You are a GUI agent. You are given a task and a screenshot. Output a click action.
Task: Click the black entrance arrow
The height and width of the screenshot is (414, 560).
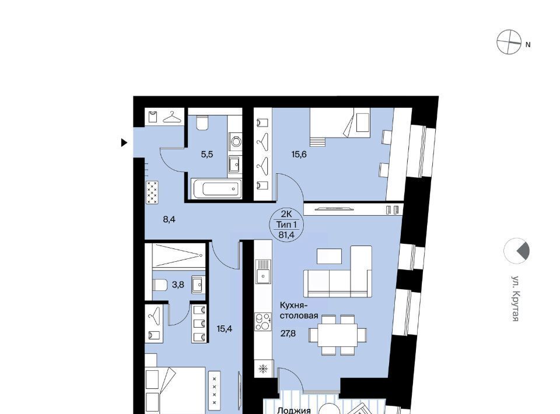click(124, 143)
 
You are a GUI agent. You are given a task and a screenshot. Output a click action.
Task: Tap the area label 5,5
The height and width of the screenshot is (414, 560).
click(206, 155)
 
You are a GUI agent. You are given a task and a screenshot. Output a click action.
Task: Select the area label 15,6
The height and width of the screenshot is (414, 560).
click(299, 155)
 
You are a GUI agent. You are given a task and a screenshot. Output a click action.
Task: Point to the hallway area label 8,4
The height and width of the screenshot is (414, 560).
click(169, 219)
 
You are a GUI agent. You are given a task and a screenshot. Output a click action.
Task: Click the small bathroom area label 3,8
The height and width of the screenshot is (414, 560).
click(178, 285)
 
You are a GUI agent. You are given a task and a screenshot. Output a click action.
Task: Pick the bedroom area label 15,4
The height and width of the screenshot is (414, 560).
click(224, 329)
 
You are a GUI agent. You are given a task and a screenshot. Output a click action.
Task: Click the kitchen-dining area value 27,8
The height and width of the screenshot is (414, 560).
click(288, 334)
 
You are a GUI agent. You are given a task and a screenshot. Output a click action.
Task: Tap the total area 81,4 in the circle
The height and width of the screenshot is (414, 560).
click(287, 234)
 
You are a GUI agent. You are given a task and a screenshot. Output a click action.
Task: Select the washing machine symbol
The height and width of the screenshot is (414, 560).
click(236, 142)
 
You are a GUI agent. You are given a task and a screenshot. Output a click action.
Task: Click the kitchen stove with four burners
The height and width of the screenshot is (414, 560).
click(263, 322)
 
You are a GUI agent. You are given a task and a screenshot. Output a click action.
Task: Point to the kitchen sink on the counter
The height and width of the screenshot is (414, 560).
click(263, 272)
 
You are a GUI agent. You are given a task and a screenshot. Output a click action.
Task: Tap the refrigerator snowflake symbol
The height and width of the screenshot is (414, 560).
click(263, 369)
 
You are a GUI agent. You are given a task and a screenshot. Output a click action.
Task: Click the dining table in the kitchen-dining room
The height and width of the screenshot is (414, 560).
click(338, 335)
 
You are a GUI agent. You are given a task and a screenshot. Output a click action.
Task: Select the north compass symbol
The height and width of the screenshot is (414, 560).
click(509, 42)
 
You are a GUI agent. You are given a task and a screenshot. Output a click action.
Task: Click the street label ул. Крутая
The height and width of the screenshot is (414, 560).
click(515, 299)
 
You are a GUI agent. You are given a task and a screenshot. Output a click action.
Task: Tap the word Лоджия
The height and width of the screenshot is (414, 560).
click(294, 411)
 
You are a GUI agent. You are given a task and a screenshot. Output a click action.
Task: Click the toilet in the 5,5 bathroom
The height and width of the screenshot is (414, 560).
click(202, 122)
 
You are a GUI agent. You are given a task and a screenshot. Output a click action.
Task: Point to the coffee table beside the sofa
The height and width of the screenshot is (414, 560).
click(329, 256)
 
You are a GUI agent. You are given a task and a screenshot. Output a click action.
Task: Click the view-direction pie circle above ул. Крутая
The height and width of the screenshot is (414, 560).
click(516, 251)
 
